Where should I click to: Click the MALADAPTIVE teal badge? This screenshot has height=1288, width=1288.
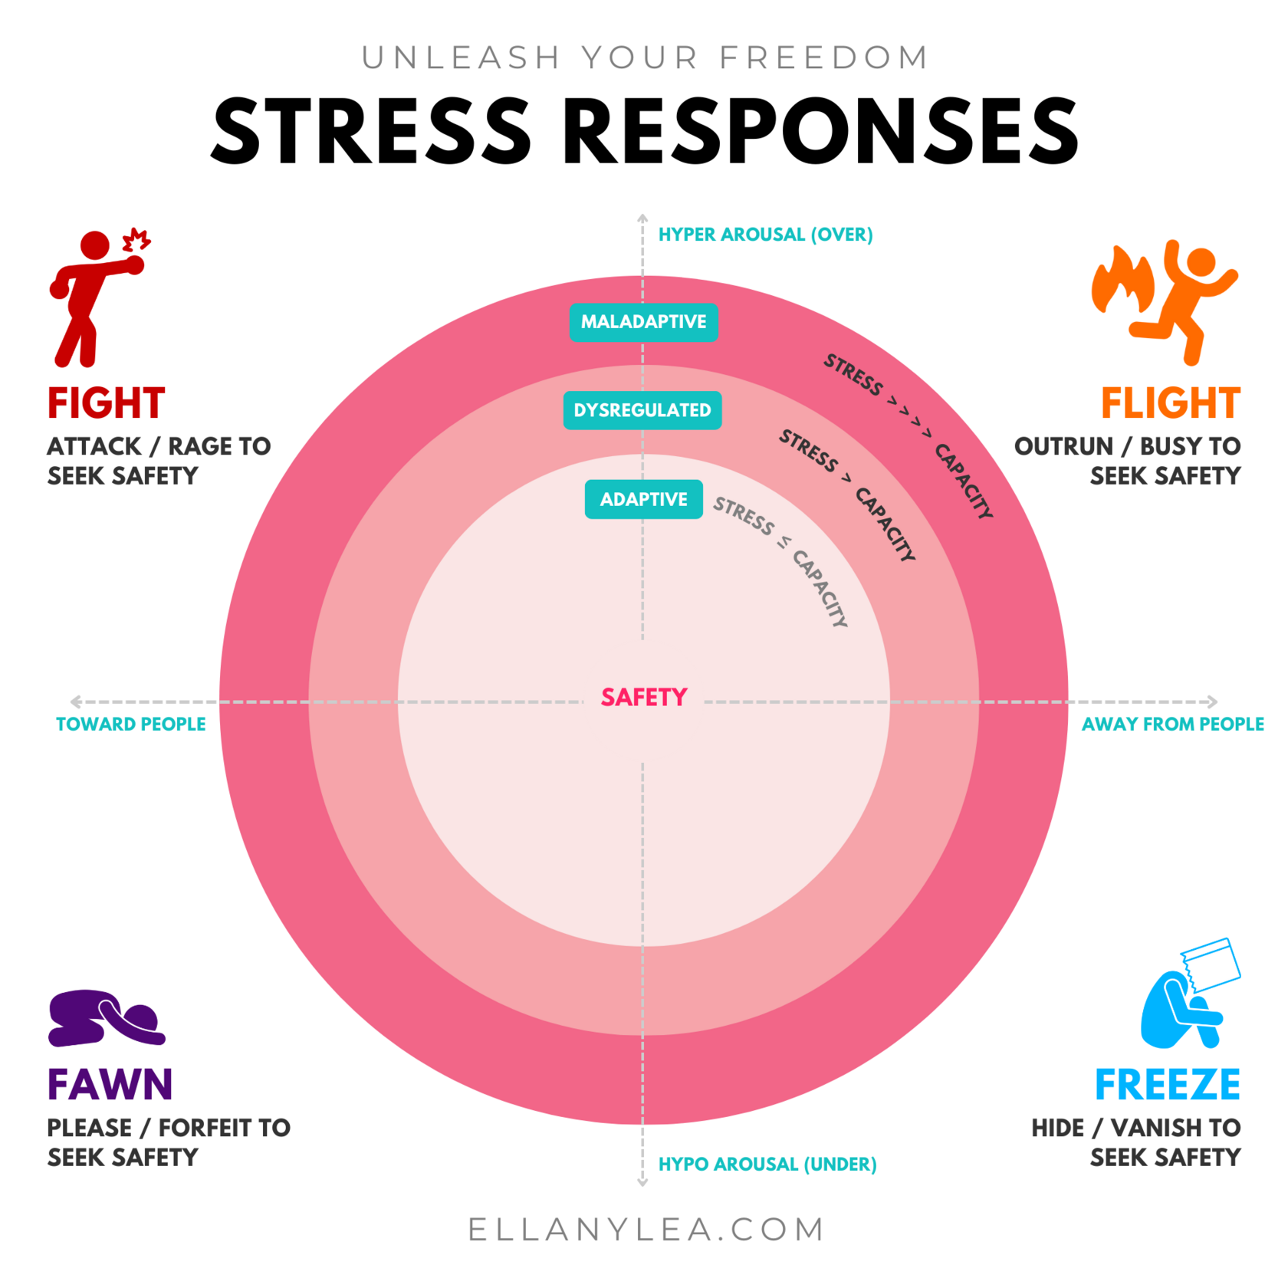[643, 322]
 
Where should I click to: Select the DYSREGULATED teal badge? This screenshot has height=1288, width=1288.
[642, 410]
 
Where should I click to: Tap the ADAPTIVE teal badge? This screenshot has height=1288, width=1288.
[643, 499]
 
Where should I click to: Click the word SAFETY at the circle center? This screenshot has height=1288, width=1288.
[644, 697]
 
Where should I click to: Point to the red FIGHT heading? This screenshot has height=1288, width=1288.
[106, 403]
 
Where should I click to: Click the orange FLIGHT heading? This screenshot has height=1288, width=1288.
[1170, 403]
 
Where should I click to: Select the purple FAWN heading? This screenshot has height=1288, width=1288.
[110, 1084]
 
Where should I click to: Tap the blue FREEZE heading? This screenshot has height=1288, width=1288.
[1167, 1084]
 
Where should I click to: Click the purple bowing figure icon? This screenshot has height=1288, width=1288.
[105, 1018]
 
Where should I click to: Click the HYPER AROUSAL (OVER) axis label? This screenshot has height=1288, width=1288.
[765, 235]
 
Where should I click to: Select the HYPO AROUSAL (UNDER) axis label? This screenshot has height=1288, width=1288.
[767, 1164]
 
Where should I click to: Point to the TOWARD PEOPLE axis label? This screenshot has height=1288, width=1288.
[131, 724]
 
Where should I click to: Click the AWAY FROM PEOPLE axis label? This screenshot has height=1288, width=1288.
[1172, 724]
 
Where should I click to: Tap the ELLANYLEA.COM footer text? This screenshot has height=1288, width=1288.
[646, 1229]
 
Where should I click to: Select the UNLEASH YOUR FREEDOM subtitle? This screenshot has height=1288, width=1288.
[645, 58]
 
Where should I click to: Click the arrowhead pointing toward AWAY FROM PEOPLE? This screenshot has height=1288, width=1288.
[1211, 701]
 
